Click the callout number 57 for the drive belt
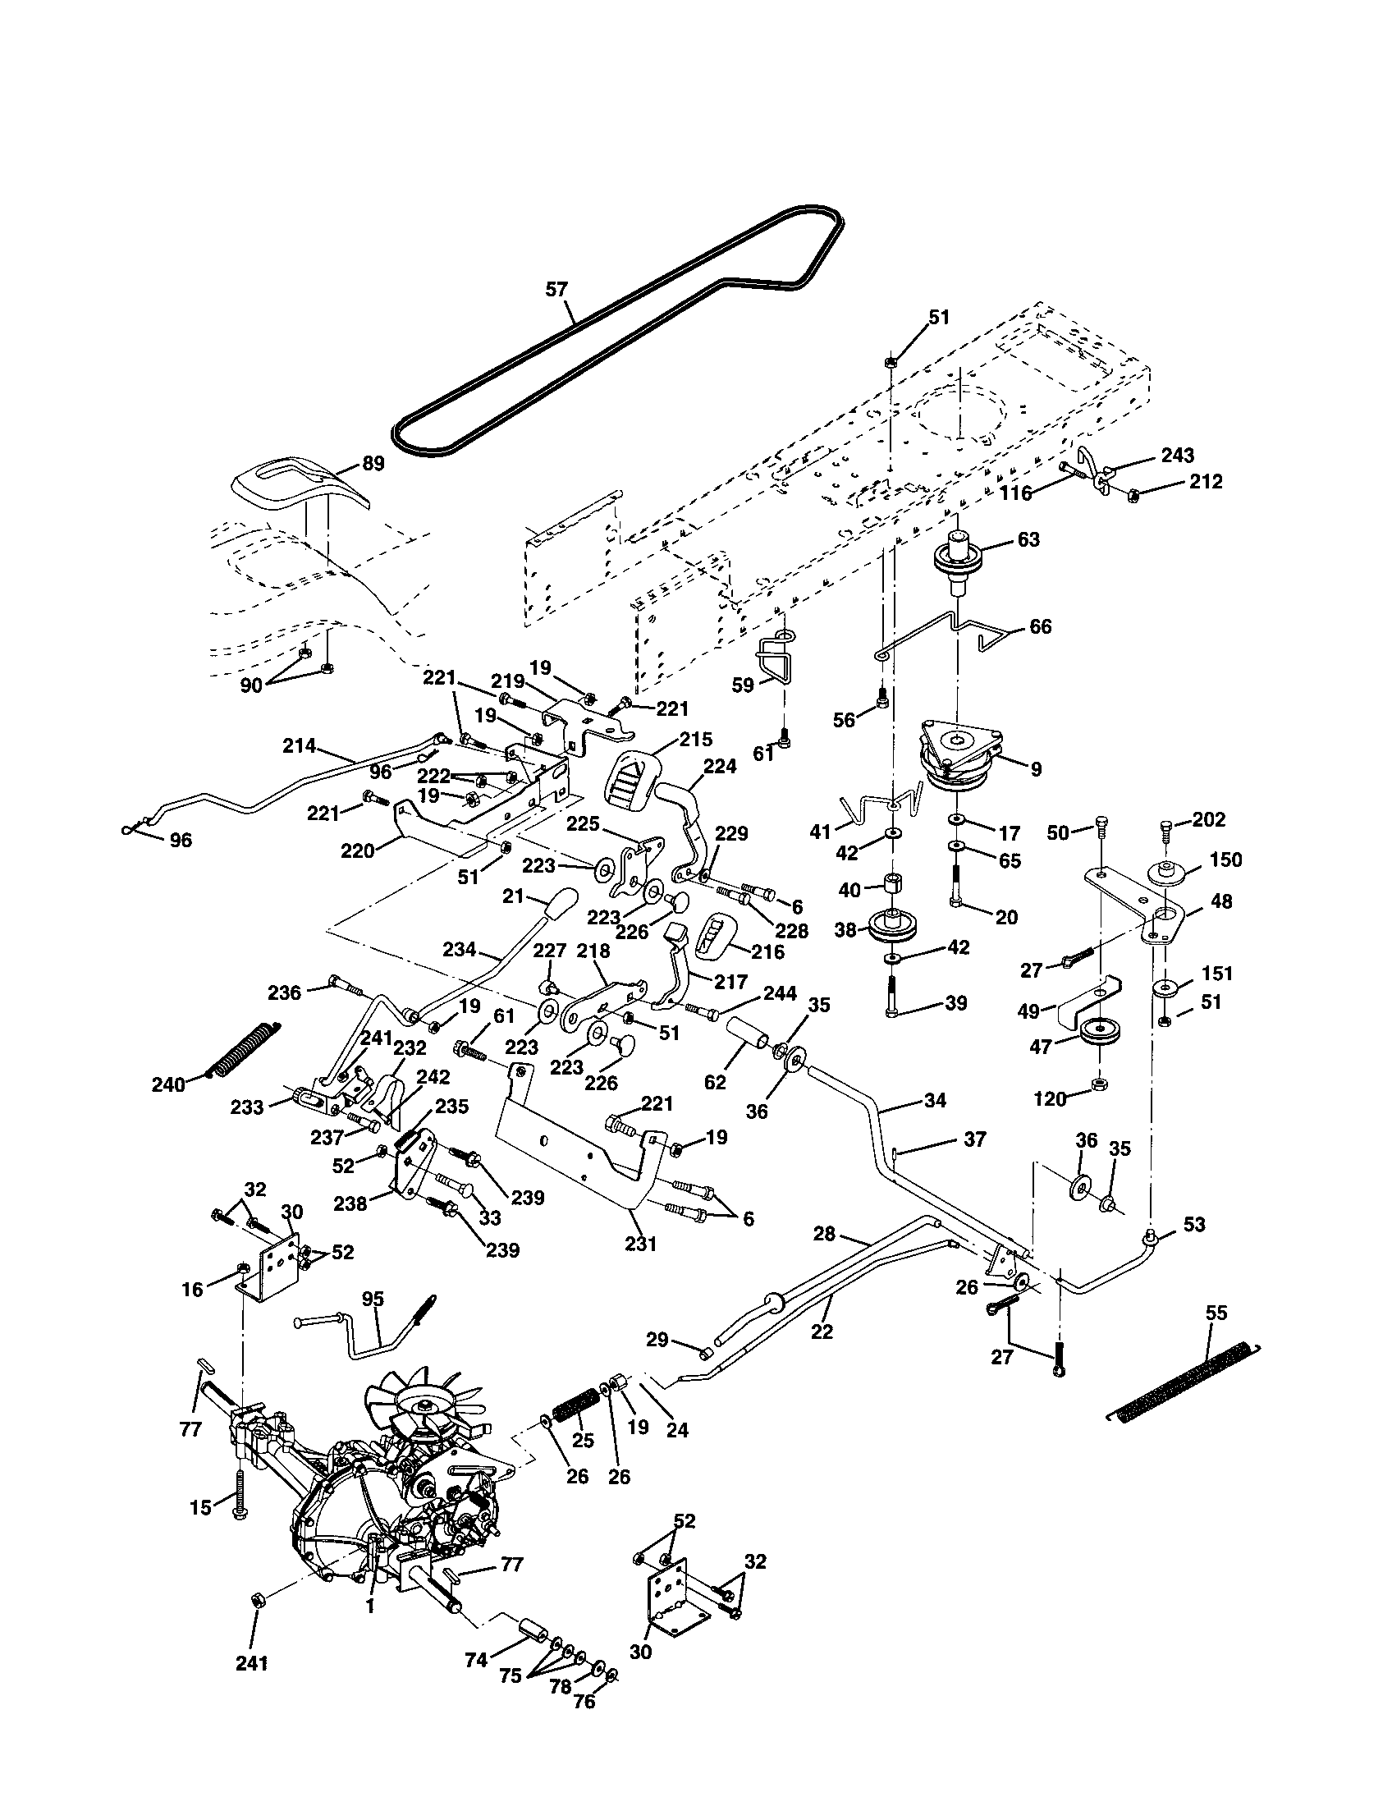(557, 290)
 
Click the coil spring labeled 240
(244, 1050)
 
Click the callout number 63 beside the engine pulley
(1028, 539)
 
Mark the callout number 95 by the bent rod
(373, 1299)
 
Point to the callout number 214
(299, 745)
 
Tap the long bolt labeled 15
(240, 1491)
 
